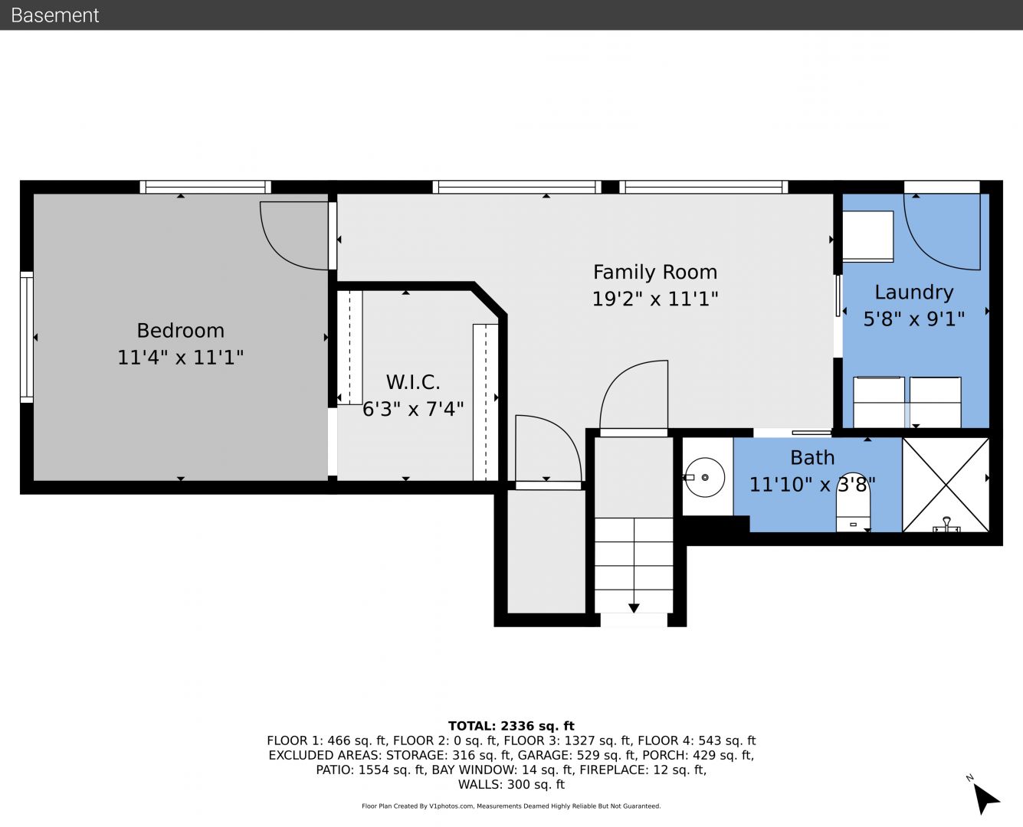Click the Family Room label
(655, 272)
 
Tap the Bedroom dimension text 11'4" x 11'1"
(181, 358)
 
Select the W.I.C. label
(413, 383)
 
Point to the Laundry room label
(914, 293)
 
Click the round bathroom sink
(704, 478)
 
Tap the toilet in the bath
(853, 512)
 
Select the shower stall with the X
(946, 485)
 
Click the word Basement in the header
(54, 15)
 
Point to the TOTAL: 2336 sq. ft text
(511, 726)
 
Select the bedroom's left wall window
(26, 338)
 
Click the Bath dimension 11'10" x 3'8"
(812, 484)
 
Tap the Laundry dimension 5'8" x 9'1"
(914, 319)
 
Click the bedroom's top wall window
(205, 187)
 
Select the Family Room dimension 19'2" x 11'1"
(655, 299)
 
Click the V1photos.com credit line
(511, 806)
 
